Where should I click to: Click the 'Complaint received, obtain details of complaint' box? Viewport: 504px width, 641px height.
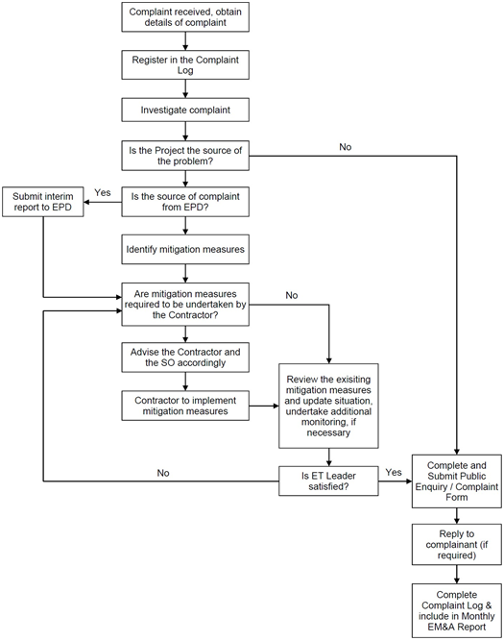(185, 17)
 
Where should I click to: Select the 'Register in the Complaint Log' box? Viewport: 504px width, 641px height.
(185, 65)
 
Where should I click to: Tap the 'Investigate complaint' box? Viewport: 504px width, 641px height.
(185, 110)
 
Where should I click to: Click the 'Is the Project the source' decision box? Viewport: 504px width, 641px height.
(185, 156)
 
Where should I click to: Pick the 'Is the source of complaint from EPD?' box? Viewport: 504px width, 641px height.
(185, 202)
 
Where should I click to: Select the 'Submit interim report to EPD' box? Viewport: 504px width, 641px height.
(43, 202)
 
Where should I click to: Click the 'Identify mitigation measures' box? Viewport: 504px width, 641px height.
(185, 249)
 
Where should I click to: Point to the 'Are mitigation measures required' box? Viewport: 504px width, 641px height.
(185, 305)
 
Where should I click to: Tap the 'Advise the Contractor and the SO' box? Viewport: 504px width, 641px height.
(185, 357)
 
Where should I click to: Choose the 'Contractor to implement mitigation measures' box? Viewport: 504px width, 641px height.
(185, 406)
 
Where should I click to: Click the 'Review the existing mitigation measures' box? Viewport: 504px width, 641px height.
(328, 406)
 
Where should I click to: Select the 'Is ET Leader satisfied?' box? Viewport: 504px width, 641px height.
(328, 481)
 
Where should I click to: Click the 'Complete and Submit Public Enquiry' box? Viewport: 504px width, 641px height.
(457, 481)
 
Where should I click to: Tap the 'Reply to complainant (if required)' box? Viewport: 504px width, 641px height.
(457, 545)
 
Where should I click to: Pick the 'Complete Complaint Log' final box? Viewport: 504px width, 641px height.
(457, 611)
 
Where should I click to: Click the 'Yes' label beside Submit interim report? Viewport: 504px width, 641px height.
(103, 192)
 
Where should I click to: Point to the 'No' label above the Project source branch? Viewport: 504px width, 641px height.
(346, 147)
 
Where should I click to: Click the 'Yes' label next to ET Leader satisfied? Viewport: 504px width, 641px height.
(394, 472)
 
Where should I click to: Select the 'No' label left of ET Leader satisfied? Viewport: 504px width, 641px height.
(163, 473)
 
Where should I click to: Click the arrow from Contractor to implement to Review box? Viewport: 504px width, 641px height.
(264, 406)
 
